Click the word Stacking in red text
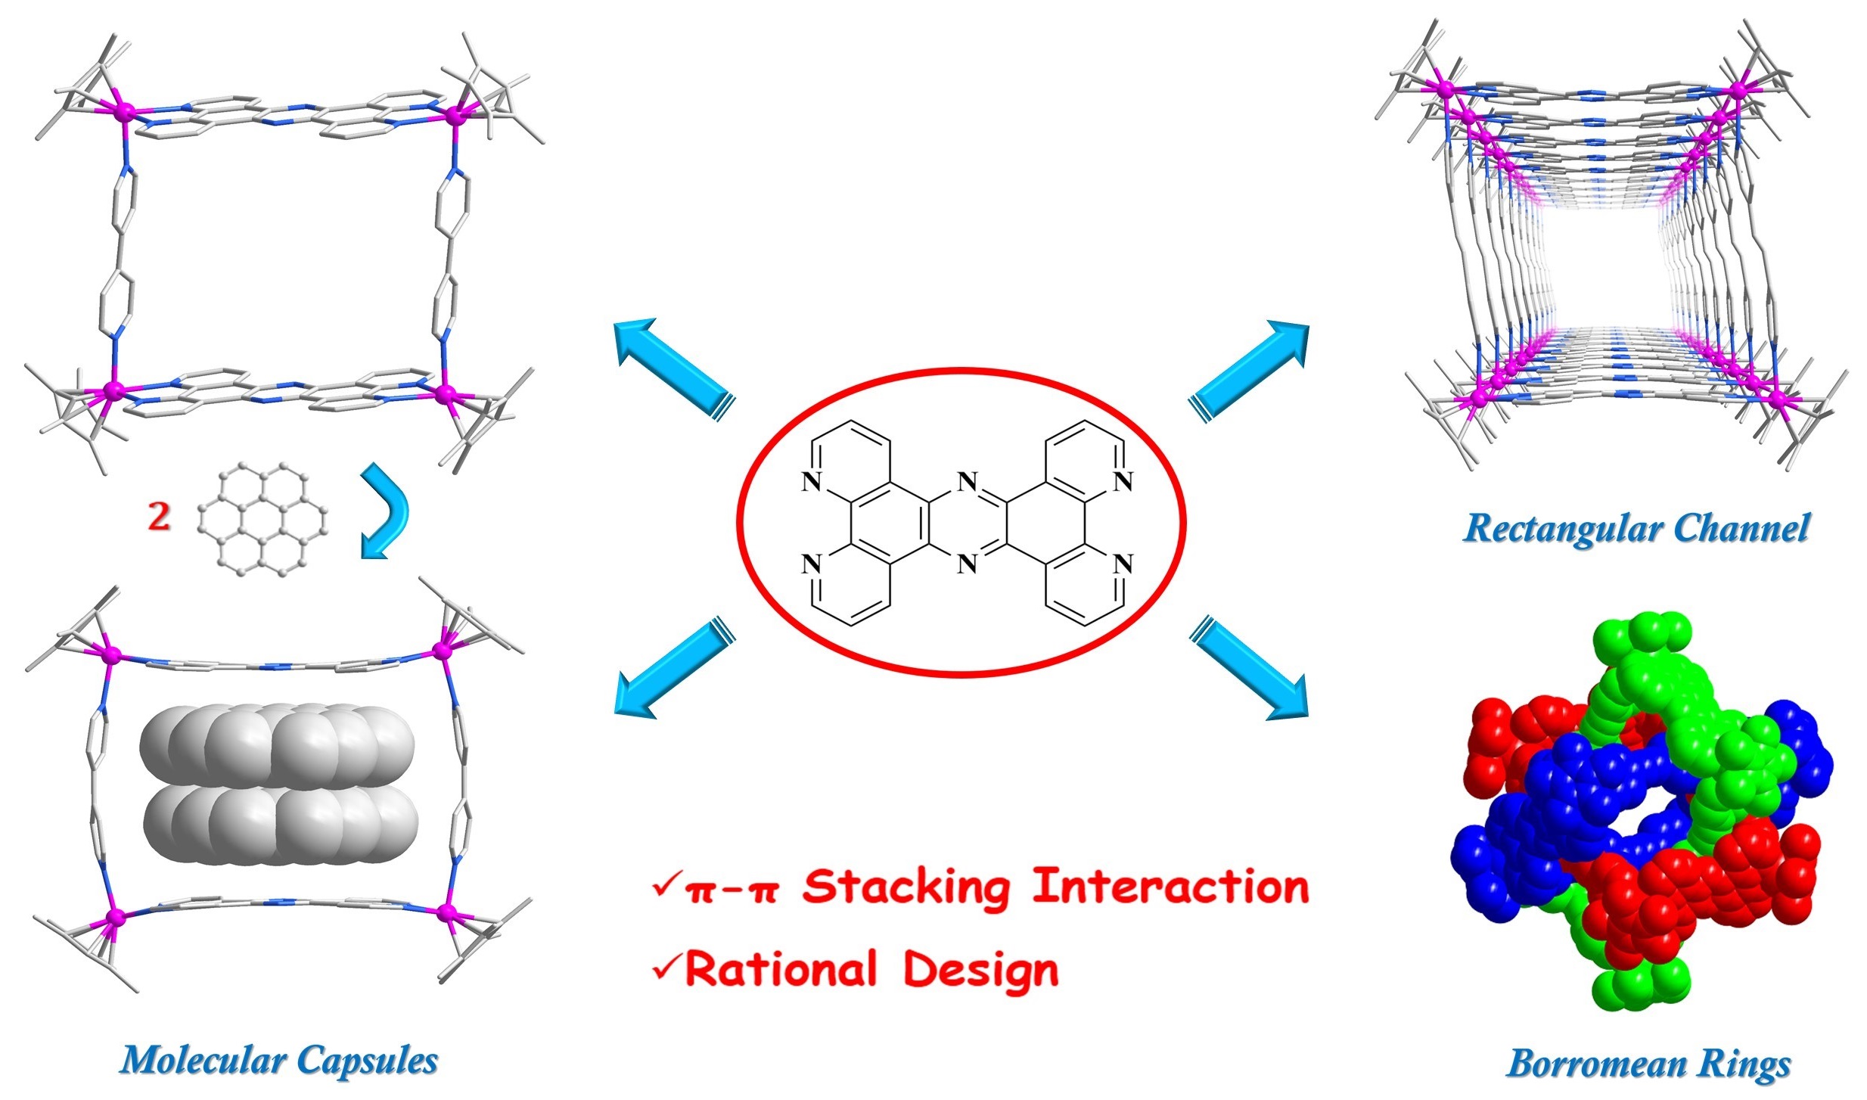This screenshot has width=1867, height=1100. pos(906,887)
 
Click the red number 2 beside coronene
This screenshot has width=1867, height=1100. pos(159,517)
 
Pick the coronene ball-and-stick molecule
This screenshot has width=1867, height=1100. pos(262,520)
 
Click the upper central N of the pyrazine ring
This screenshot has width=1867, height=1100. pos(967,481)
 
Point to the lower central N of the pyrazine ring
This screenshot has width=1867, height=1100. pos(967,564)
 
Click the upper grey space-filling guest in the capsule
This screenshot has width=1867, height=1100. pos(277,744)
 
